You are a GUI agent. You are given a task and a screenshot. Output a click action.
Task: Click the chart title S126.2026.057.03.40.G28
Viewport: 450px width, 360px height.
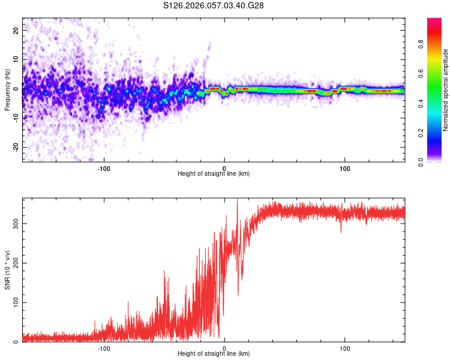(x=214, y=5)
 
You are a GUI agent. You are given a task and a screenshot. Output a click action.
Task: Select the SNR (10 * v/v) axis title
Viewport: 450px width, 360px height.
(x=7, y=271)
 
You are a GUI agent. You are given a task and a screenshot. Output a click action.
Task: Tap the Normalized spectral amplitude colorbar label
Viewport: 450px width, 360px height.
(x=445, y=90)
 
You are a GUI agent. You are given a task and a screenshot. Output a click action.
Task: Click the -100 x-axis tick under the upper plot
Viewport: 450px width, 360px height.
(x=104, y=168)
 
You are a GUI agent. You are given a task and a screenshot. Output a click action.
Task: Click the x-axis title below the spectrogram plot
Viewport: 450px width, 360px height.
(x=214, y=174)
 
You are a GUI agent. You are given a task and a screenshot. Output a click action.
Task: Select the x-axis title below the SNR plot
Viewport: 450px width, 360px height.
(x=214, y=354)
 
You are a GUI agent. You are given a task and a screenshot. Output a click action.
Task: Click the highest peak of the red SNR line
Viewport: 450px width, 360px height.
(x=237, y=199)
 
